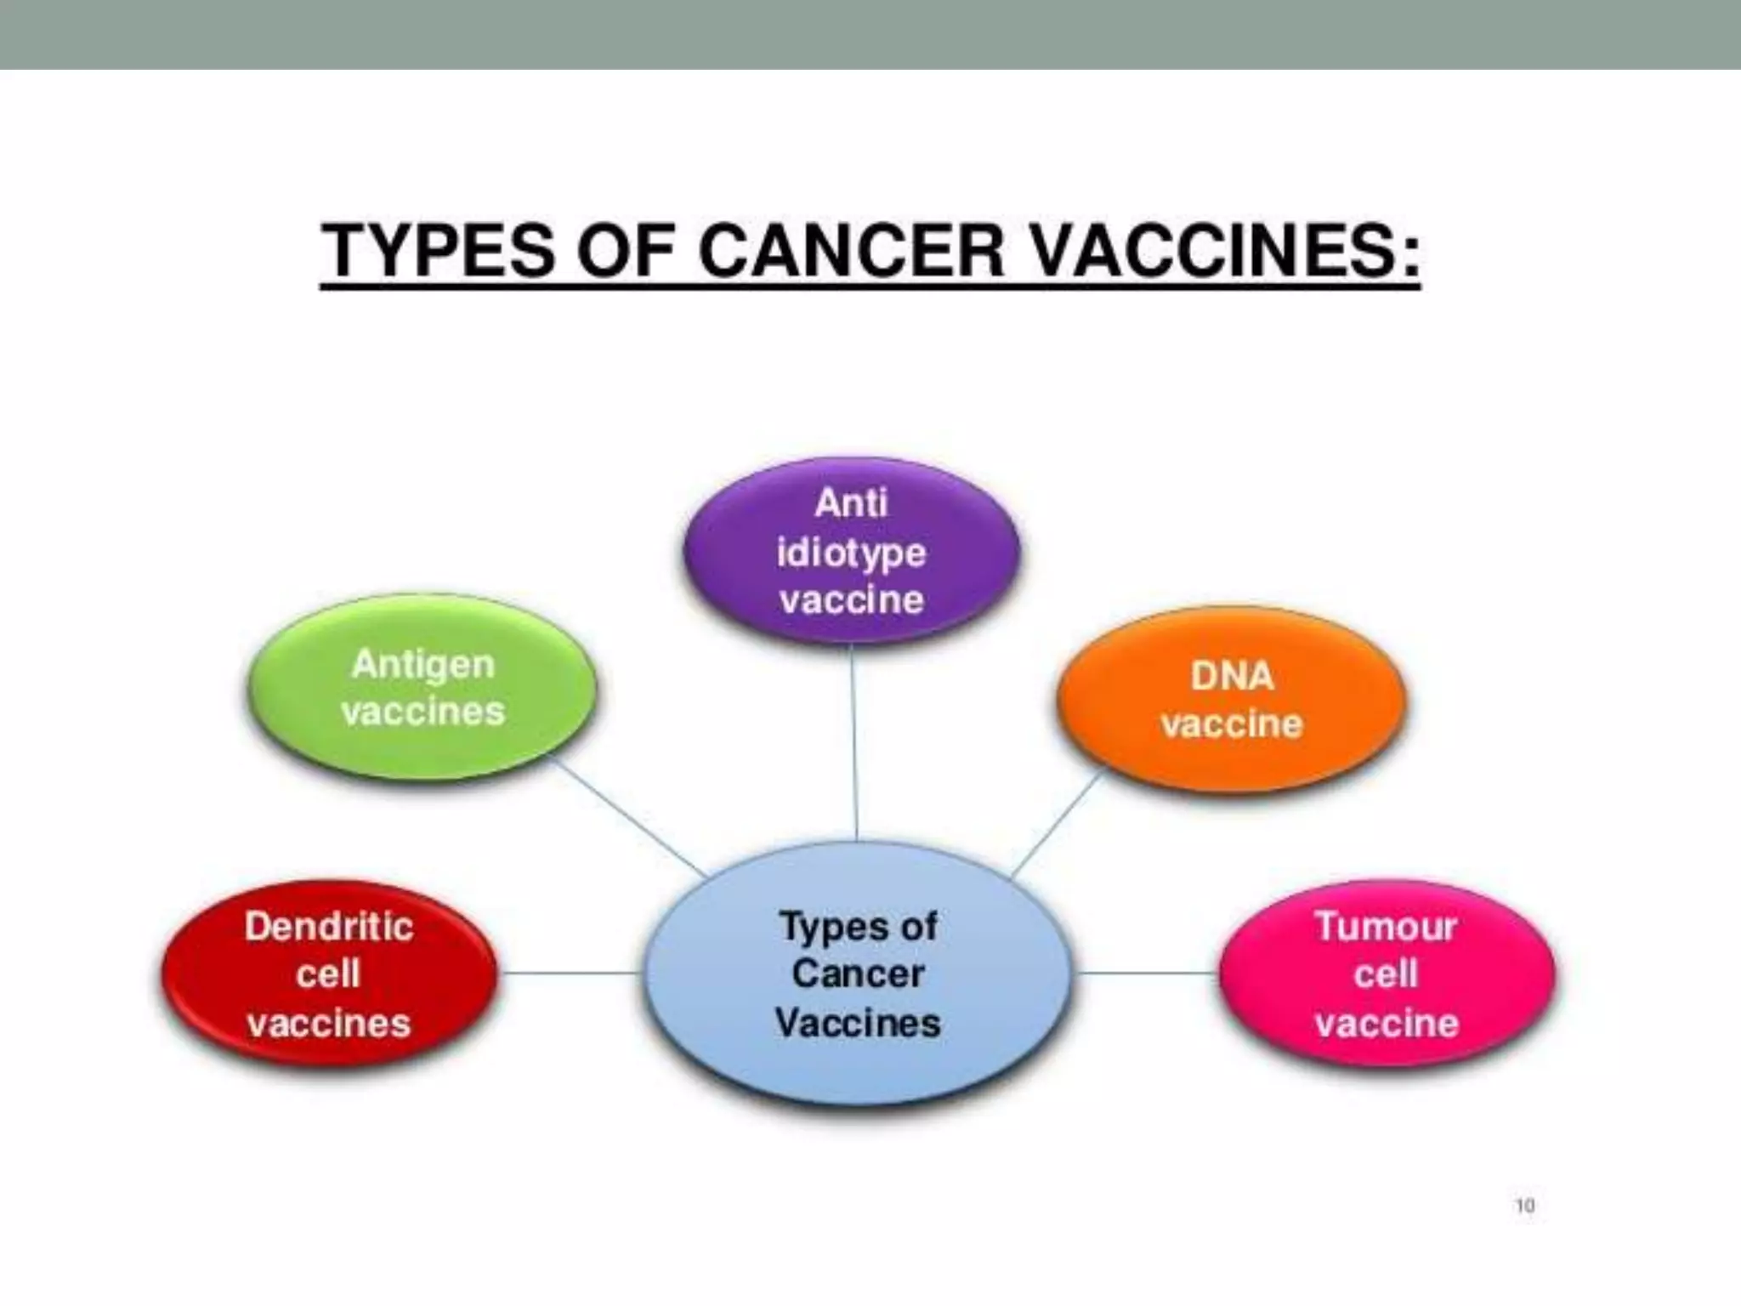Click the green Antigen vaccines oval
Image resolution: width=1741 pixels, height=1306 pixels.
[x=422, y=687]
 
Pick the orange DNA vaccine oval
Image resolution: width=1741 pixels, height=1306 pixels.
[x=1232, y=700]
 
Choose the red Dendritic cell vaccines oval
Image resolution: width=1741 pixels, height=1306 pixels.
[x=329, y=974]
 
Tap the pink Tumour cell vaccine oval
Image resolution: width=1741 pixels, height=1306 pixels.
[x=1387, y=974]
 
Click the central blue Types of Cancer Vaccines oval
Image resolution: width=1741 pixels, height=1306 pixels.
[x=858, y=974]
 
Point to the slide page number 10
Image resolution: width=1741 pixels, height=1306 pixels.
[x=1524, y=1205]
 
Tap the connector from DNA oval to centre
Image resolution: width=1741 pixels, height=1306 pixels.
[x=1057, y=823]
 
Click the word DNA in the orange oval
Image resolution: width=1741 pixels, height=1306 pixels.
[x=1232, y=677]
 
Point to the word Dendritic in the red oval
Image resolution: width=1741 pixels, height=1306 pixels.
[x=329, y=927]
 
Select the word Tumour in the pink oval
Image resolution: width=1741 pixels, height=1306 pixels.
[x=1387, y=927]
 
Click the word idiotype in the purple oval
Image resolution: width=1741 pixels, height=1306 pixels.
[x=852, y=554]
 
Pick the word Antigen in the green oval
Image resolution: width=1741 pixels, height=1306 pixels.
[x=422, y=664]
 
